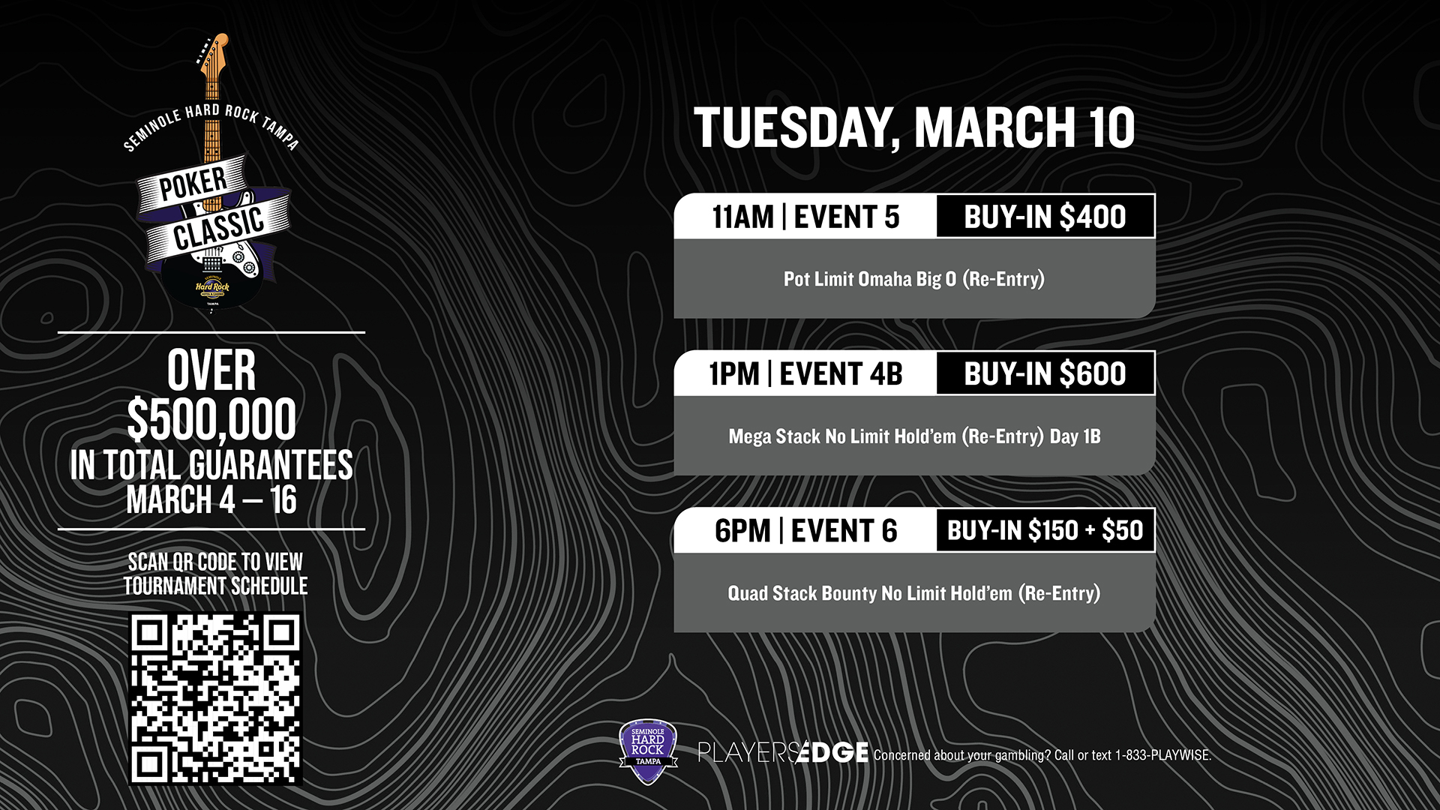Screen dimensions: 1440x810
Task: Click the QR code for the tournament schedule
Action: pos(216,699)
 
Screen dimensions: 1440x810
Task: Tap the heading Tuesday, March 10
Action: pos(913,127)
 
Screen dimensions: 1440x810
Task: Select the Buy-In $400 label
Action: pos(1045,217)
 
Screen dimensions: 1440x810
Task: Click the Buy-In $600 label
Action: pos(1045,373)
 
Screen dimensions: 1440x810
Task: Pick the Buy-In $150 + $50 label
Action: pos(1045,530)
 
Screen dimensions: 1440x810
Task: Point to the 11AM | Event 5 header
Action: pos(805,217)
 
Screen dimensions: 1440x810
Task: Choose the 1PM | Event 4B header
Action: pos(805,373)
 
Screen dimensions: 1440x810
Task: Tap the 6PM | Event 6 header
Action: pos(805,530)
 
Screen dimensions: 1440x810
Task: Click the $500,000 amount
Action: pos(211,419)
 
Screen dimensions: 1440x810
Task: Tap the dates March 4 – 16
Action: pos(211,500)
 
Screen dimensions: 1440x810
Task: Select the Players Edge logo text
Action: pos(783,751)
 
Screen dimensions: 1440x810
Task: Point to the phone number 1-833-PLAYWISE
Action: pos(1162,755)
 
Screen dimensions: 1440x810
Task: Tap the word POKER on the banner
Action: pos(193,184)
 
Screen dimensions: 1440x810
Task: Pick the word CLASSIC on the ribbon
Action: pos(219,229)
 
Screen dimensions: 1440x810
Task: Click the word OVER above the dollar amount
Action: pos(211,370)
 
